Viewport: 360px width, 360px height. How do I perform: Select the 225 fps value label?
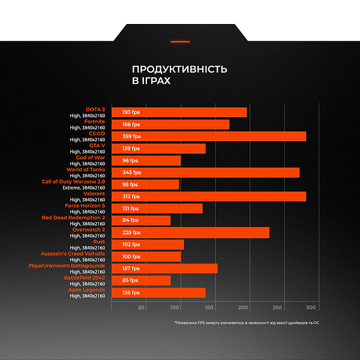point(131,232)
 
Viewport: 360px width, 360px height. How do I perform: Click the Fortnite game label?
point(94,121)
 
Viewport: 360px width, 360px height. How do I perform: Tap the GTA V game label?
point(97,145)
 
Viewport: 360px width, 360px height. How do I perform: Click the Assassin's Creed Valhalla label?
point(73,253)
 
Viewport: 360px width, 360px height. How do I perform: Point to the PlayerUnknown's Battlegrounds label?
point(67,265)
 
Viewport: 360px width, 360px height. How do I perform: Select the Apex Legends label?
point(87,289)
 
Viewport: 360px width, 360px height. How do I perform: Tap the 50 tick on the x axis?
point(142,308)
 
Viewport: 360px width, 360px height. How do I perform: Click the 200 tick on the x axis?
point(243,308)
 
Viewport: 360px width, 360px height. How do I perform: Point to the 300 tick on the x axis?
point(311,308)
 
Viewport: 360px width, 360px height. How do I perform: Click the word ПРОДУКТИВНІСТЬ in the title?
point(179,69)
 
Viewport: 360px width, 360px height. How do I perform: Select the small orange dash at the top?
point(180,41)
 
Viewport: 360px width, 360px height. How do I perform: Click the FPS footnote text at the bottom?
point(247,323)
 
